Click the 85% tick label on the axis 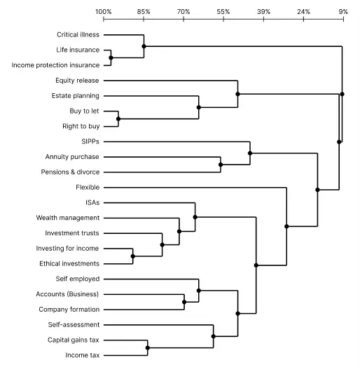(144, 12)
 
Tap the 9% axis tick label (343, 12)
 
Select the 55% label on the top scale (223, 12)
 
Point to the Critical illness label (78, 35)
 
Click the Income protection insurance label (55, 65)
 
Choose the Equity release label (77, 81)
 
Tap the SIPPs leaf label (90, 141)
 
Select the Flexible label (88, 187)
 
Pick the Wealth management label (68, 218)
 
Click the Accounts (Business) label (67, 294)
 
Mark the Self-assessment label (74, 325)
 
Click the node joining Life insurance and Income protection (111, 57)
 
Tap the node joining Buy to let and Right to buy (118, 119)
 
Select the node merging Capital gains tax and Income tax (148, 348)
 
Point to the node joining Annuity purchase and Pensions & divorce (221, 165)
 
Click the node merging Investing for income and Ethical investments (133, 256)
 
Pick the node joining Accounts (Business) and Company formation (184, 302)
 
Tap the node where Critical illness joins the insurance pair (144, 46)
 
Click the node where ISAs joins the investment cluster (195, 217)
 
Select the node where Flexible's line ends (286, 226)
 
